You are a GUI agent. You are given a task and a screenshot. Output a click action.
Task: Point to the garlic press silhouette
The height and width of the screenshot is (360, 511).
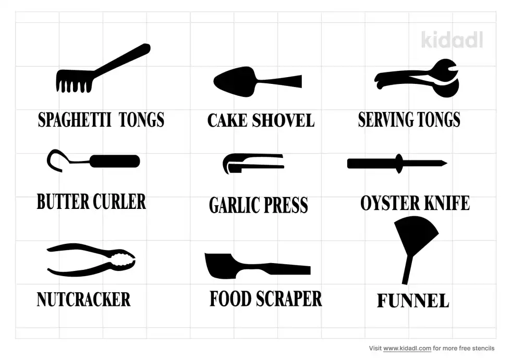[252, 163]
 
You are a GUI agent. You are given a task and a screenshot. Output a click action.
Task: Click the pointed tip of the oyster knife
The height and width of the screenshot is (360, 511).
[446, 163]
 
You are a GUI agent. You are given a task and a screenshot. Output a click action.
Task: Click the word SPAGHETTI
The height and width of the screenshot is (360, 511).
[75, 120]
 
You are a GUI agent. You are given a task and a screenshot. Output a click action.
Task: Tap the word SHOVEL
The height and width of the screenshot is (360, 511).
[283, 120]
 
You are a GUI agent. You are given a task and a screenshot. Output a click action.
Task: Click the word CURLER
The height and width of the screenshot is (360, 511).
[119, 202]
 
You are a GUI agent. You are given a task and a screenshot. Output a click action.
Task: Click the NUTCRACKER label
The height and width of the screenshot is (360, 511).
[84, 300]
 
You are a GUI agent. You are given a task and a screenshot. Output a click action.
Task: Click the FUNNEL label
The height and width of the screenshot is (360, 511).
[413, 301]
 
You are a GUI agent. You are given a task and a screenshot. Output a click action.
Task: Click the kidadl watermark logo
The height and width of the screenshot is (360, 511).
[452, 40]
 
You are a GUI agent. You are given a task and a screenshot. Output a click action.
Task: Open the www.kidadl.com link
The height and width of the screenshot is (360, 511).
[407, 349]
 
